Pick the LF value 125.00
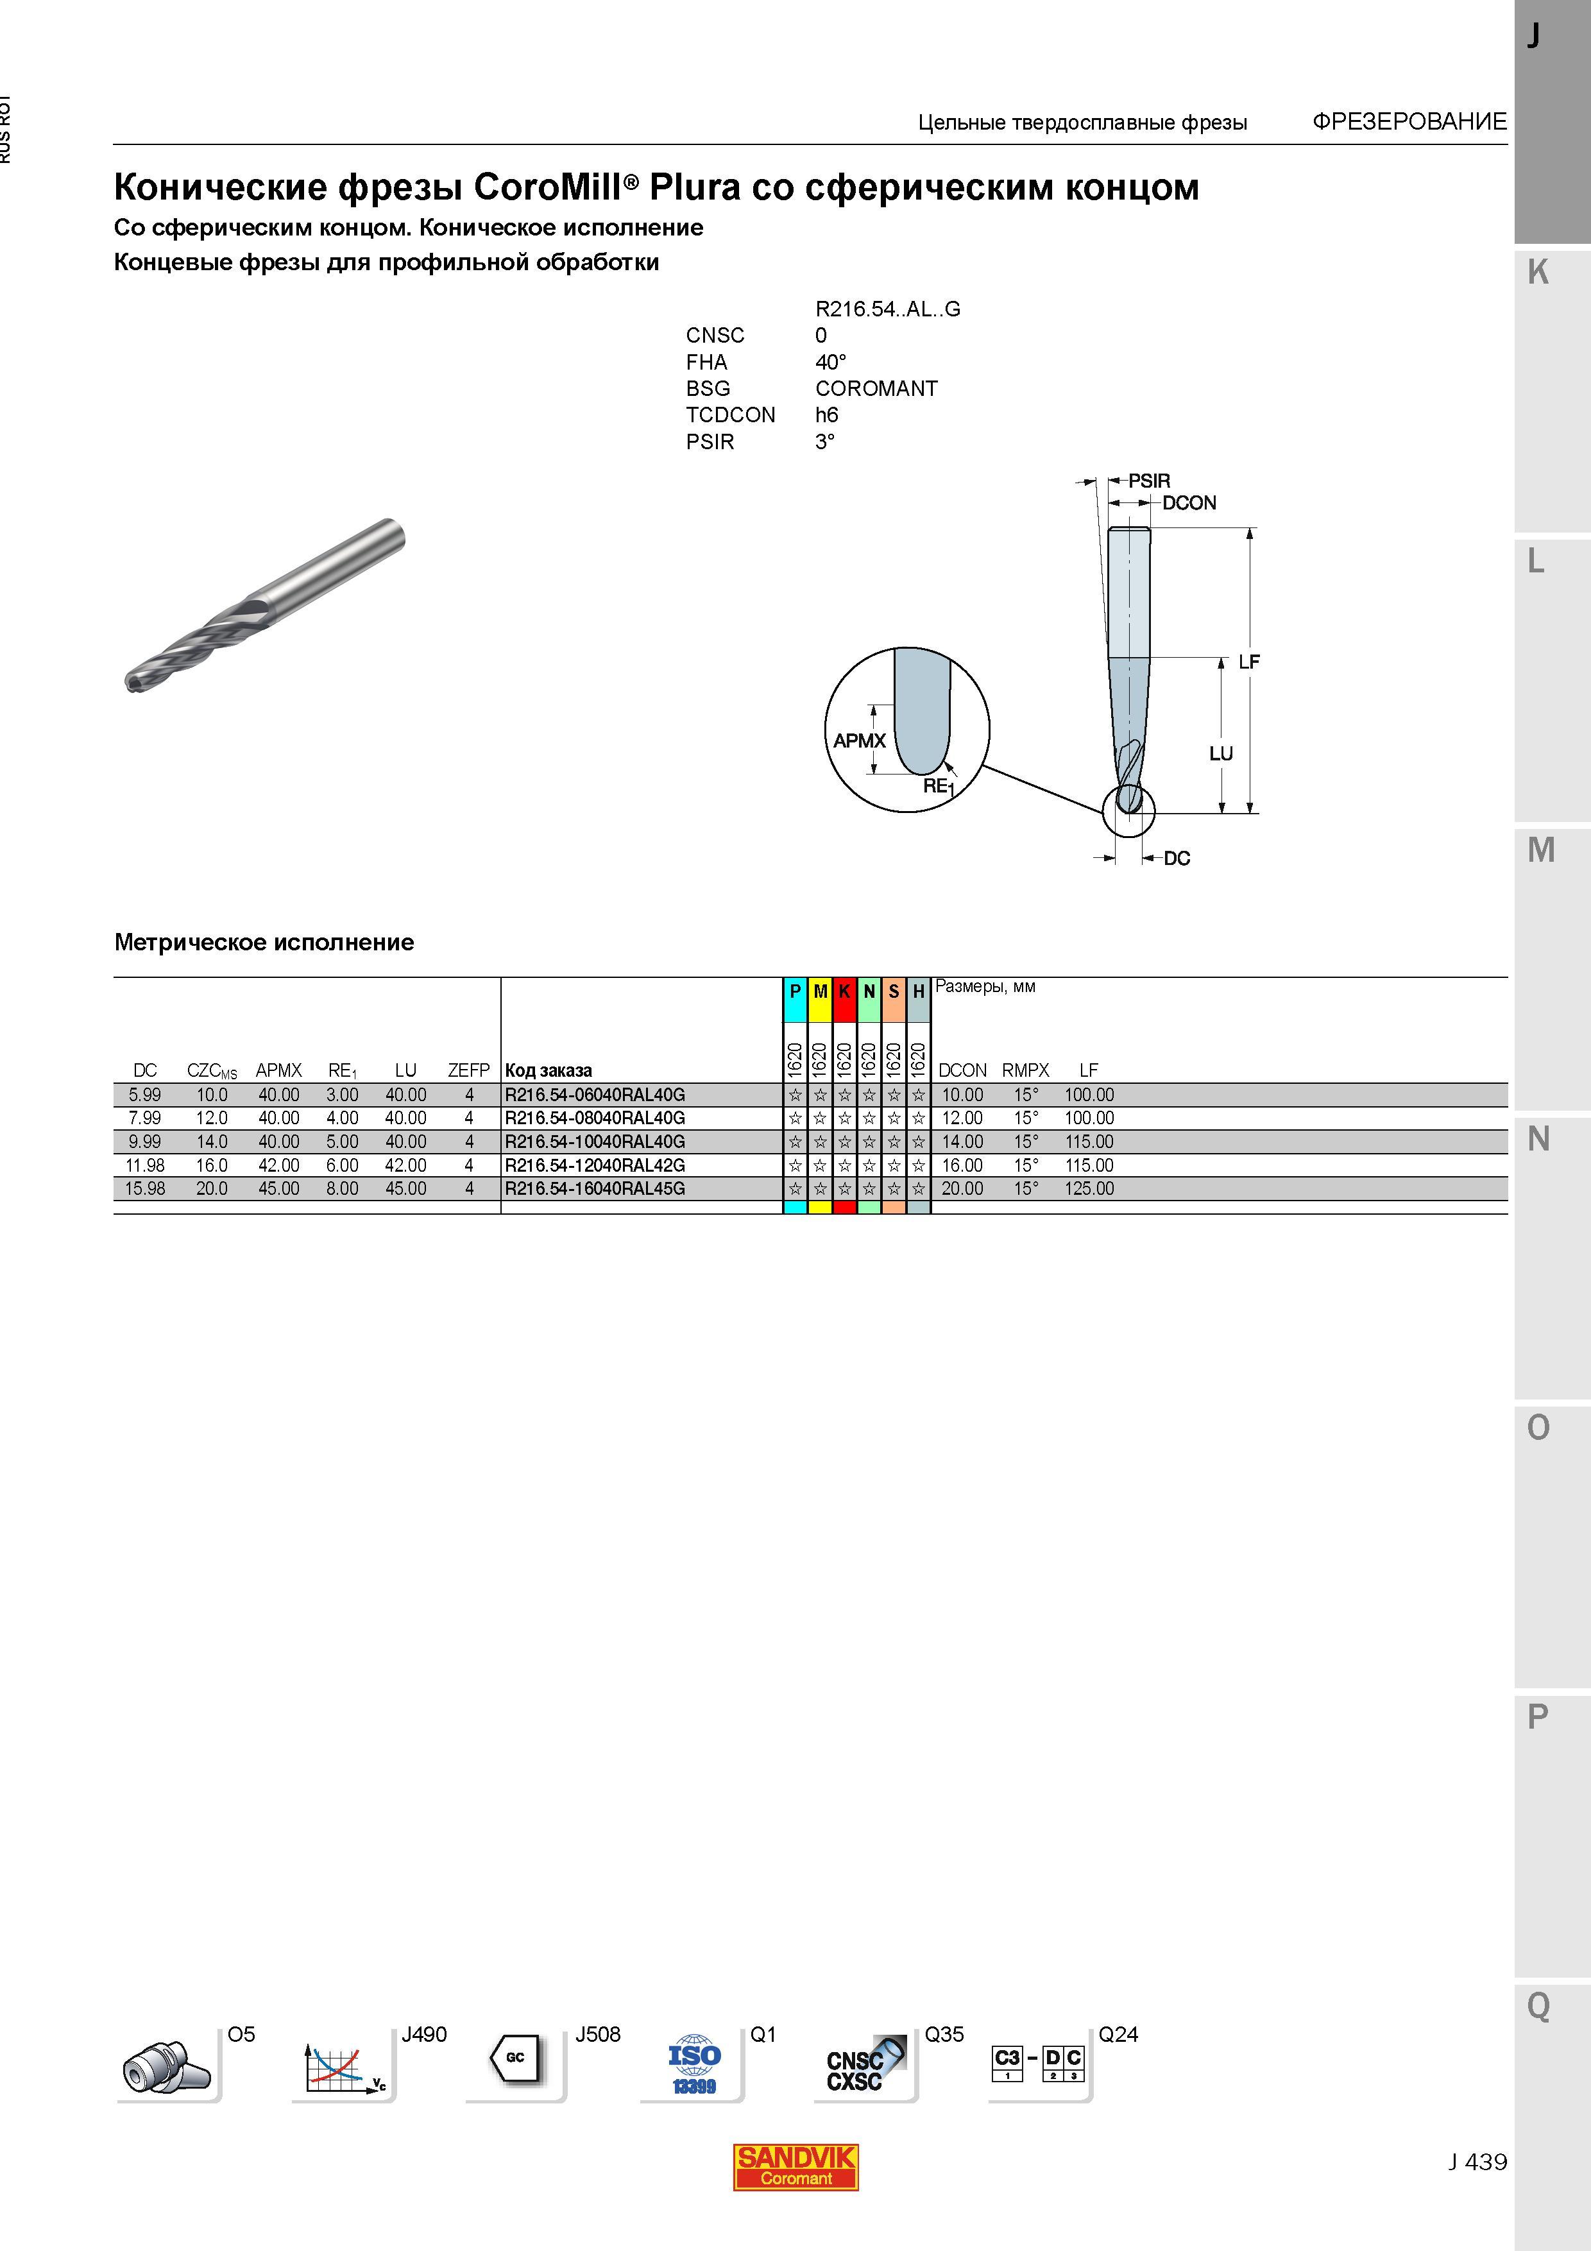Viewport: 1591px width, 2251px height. tap(1089, 1188)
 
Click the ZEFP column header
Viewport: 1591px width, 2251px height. tap(468, 1070)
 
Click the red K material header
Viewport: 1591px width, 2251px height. tap(844, 992)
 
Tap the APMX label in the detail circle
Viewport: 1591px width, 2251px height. tap(860, 741)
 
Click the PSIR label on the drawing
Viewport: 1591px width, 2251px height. tap(1149, 481)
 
